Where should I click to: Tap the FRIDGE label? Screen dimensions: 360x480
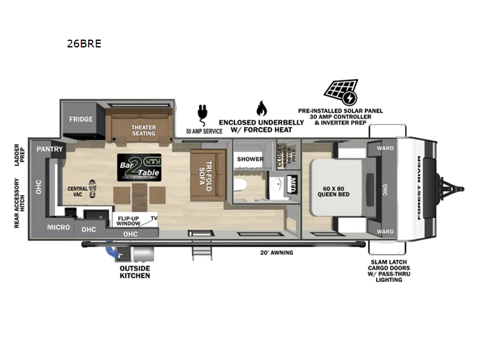point(80,119)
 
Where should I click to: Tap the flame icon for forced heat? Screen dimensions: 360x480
point(261,108)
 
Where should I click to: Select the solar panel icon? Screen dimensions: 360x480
point(341,92)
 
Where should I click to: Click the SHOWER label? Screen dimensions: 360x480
point(250,159)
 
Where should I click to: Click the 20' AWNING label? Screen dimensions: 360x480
point(277,253)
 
